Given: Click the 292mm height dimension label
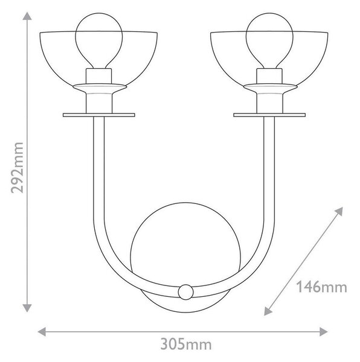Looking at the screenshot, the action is pyautogui.click(x=17, y=168).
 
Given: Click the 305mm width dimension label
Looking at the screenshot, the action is pyautogui.click(x=186, y=345).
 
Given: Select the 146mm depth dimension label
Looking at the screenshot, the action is pyautogui.click(x=321, y=287).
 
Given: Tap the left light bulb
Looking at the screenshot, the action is pyautogui.click(x=99, y=40).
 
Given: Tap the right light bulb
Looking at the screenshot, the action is pyautogui.click(x=269, y=40).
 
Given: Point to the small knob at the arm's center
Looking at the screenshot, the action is pyautogui.click(x=185, y=292).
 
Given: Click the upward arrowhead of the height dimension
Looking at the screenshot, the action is pyautogui.click(x=27, y=16).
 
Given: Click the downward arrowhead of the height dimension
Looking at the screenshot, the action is pyautogui.click(x=27, y=308).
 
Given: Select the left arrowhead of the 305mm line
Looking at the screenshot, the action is pyautogui.click(x=42, y=332).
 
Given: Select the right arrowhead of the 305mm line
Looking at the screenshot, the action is pyautogui.click(x=324, y=332).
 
